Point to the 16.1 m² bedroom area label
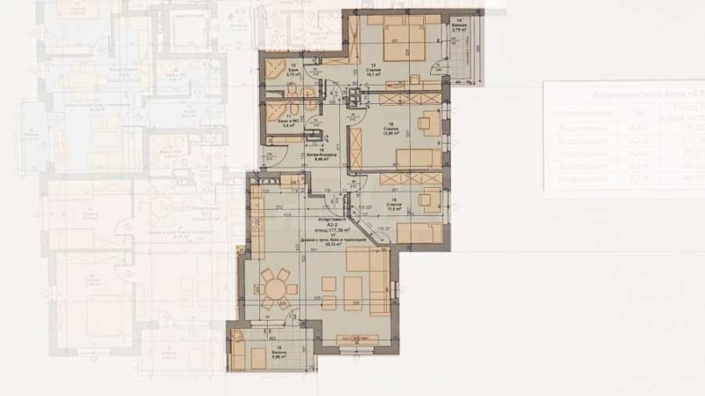(373, 74)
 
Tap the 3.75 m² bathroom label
(293, 74)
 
